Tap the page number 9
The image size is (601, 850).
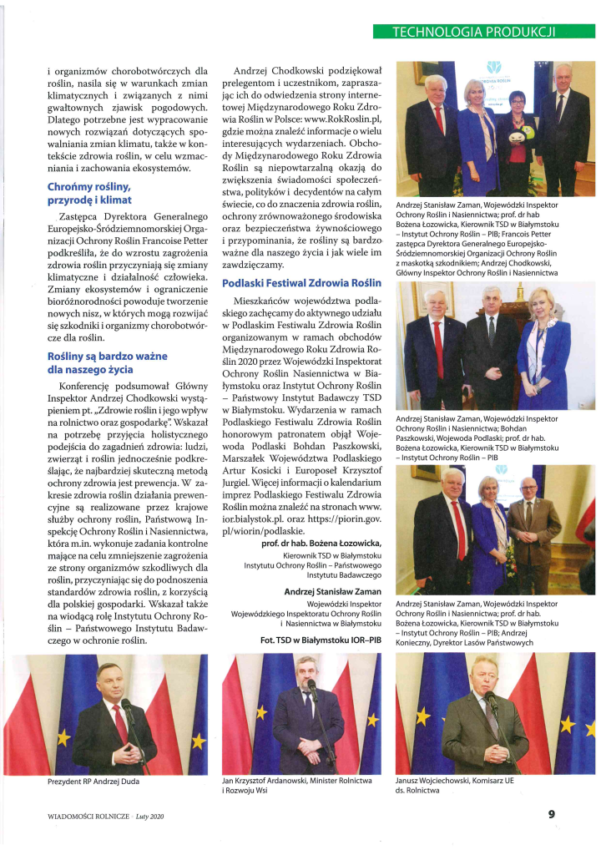click(552, 814)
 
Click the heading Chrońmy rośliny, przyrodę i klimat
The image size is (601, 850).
click(89, 193)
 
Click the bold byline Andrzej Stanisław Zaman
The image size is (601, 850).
click(332, 591)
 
